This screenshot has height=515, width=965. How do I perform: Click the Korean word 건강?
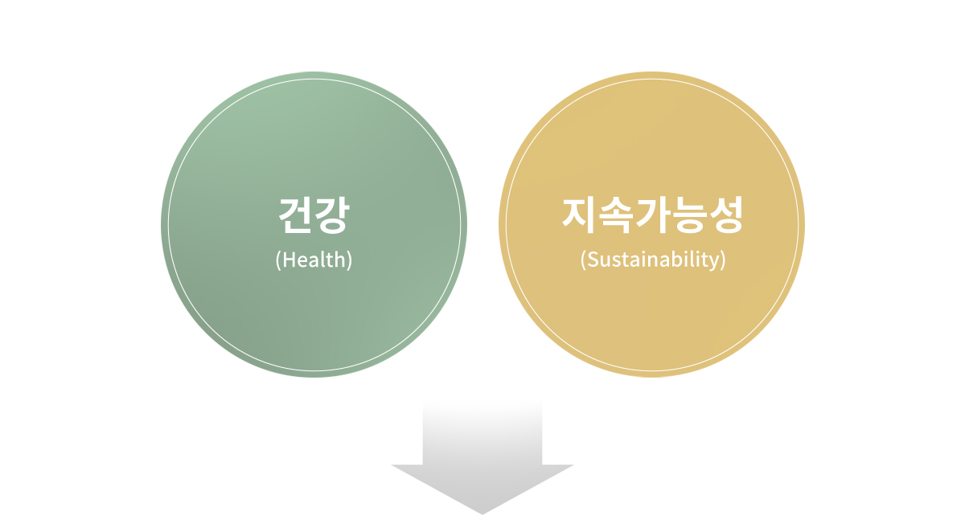click(314, 215)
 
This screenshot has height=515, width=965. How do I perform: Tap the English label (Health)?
click(314, 260)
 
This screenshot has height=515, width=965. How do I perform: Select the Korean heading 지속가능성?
click(652, 215)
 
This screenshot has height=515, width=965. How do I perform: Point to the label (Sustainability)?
click(653, 260)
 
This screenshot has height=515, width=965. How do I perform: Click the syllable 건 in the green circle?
click(296, 215)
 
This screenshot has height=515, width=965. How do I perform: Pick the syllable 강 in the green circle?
click(331, 215)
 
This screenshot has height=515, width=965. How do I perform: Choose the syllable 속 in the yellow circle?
click(615, 215)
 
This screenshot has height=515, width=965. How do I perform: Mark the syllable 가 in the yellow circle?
click(652, 215)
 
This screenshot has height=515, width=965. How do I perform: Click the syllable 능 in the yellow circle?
click(689, 215)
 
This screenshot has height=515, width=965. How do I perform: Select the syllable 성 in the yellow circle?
click(725, 215)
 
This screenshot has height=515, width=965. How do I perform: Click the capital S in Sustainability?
click(593, 260)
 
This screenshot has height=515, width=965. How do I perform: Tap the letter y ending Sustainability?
click(714, 263)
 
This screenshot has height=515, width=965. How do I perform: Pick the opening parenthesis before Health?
click(278, 260)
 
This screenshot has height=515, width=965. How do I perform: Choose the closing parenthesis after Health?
click(349, 260)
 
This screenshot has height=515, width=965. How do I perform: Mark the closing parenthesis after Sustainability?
click(723, 260)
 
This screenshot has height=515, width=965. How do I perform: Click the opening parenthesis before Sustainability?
click(583, 260)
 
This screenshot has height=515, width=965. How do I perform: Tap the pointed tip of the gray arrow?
click(482, 513)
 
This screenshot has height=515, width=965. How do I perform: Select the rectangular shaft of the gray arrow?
click(482, 432)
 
